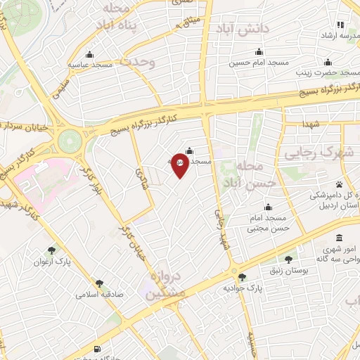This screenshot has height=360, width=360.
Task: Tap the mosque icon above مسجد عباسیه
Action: (x=89, y=55)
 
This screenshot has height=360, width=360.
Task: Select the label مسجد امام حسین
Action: (x=259, y=63)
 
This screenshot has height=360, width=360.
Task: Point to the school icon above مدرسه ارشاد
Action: (x=340, y=24)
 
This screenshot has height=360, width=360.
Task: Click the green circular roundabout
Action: (x=70, y=140)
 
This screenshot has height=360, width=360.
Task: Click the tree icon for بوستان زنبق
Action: (x=288, y=259)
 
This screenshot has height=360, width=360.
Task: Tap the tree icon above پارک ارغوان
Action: (x=51, y=250)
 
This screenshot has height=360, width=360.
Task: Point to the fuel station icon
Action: (x=96, y=349)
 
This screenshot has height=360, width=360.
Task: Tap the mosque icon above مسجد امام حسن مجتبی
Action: (x=267, y=207)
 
